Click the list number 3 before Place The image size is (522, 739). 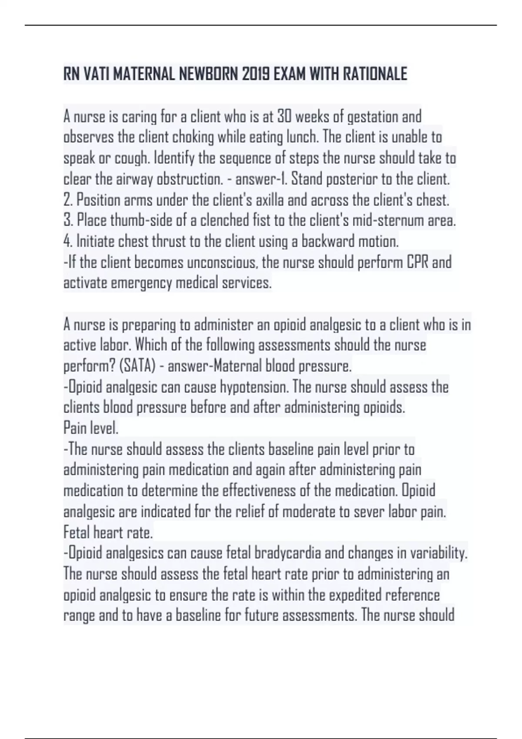point(68,221)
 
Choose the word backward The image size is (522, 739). point(328,241)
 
